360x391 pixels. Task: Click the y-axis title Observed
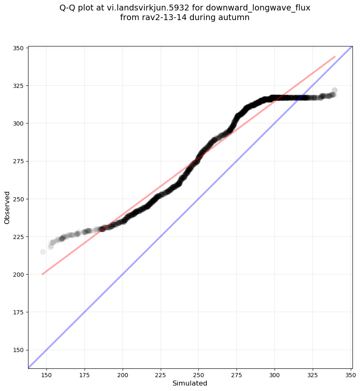(7, 208)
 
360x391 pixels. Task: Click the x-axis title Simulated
(190, 383)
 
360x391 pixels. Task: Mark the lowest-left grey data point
(43, 252)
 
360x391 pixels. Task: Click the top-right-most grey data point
(334, 90)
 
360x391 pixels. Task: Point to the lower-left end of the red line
(42, 274)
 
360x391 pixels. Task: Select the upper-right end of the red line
(335, 57)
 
